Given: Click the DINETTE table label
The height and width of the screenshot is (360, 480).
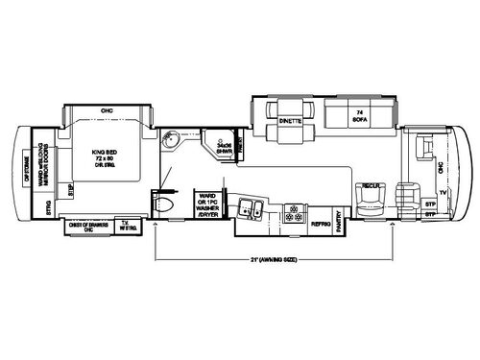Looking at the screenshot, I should click(x=289, y=122).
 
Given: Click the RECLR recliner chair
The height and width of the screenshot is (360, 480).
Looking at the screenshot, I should click(x=372, y=185).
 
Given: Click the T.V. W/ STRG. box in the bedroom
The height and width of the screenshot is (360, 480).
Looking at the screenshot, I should click(x=123, y=227).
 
